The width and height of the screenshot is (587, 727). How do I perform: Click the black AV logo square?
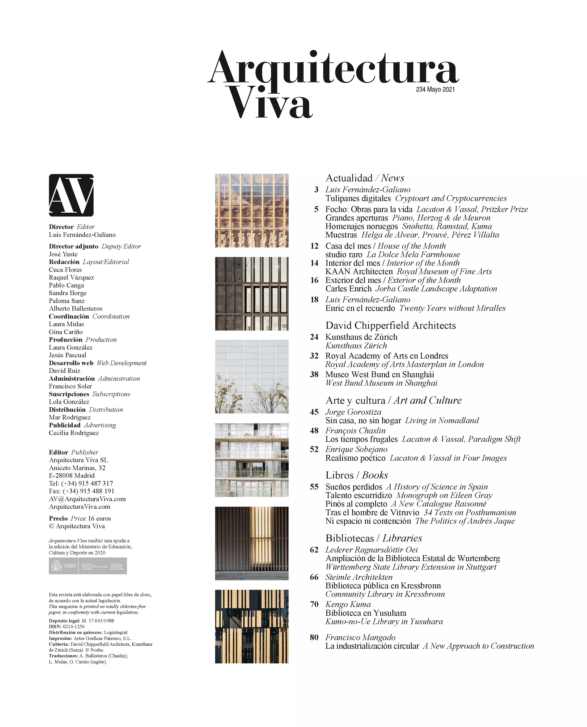[71, 195]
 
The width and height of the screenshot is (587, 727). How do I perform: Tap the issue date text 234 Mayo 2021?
[435, 89]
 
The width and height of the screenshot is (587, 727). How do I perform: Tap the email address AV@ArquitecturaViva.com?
[87, 499]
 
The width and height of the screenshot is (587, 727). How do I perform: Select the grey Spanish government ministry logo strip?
[88, 566]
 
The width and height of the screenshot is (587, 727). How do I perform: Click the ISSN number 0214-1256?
[74, 626]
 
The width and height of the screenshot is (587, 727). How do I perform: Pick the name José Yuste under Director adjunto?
[63, 254]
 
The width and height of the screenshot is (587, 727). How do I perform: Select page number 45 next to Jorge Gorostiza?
[314, 412]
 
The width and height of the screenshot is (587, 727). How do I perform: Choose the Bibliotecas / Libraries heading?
[374, 538]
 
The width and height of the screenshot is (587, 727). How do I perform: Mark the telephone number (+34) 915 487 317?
[87, 483]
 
